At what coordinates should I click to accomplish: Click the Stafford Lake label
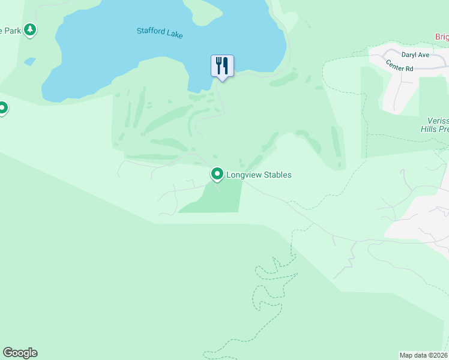tap(159, 33)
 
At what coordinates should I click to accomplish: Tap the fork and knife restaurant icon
tap(222, 65)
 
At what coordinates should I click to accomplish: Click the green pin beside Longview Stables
tap(217, 174)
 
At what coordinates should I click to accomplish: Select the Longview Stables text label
tap(259, 175)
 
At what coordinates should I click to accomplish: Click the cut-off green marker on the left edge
tap(2, 109)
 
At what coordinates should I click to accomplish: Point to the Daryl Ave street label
tap(415, 54)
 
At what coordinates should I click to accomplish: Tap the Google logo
tap(20, 353)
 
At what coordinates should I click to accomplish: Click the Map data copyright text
tap(424, 355)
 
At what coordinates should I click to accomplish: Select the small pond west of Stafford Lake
tap(29, 61)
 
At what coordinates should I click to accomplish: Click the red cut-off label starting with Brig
tap(442, 37)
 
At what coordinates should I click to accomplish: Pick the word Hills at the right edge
tap(435, 128)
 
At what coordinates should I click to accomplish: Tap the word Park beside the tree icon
tap(11, 30)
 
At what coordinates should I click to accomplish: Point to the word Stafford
tap(150, 31)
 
